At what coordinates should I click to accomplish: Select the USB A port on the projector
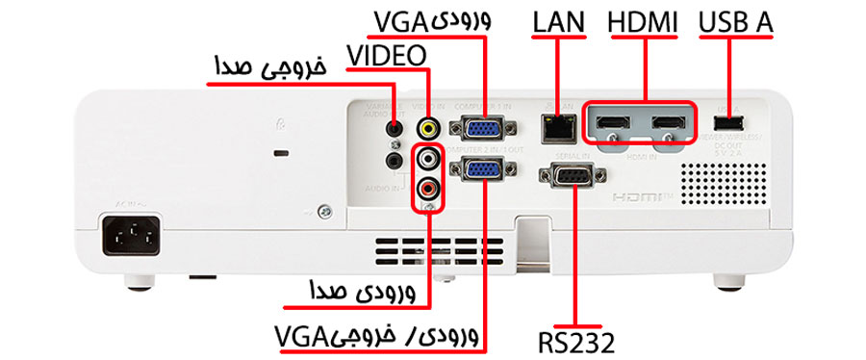[729, 123]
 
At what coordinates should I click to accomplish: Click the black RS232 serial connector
[573, 177]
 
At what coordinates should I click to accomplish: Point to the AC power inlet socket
[129, 234]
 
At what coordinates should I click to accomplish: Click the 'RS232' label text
[575, 341]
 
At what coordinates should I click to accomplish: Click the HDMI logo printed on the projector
[643, 196]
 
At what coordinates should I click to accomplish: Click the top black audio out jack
[393, 126]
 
